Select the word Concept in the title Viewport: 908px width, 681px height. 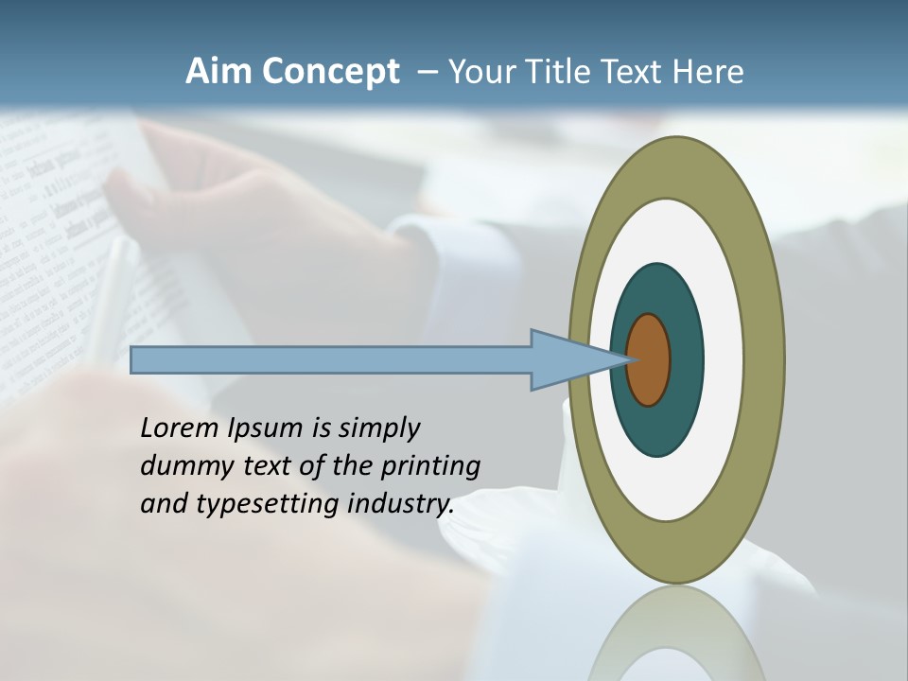click(330, 72)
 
